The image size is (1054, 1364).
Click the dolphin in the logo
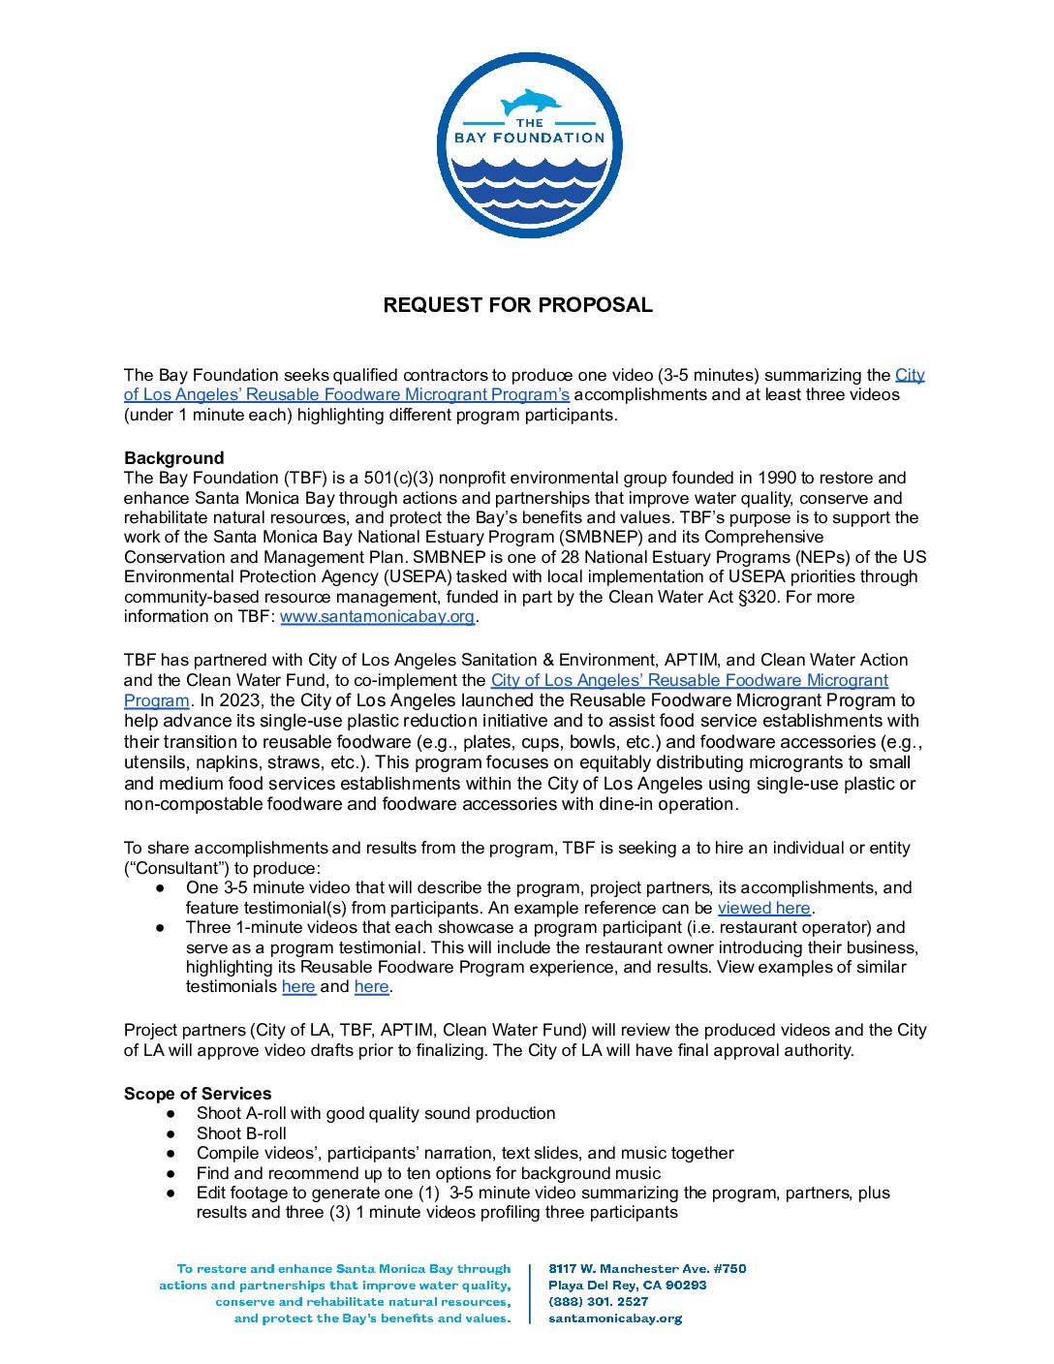(x=530, y=101)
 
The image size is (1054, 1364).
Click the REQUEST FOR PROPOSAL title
(x=517, y=305)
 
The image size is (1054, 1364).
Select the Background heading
(x=173, y=458)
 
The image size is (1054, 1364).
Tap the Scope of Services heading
(x=198, y=1094)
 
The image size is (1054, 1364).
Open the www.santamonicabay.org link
(x=377, y=617)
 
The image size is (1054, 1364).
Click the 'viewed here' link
(x=763, y=909)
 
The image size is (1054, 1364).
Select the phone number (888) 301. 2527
(x=598, y=1302)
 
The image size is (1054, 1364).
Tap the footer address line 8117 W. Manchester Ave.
(x=647, y=1269)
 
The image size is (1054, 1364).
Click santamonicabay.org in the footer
(x=615, y=1318)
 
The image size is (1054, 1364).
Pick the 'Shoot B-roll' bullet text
(x=241, y=1133)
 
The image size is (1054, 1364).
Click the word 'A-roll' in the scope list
(x=262, y=1114)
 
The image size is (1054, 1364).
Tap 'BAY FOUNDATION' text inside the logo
(x=529, y=138)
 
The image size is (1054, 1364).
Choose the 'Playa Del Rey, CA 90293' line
(x=627, y=1286)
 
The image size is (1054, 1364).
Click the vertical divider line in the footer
(x=530, y=1293)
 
